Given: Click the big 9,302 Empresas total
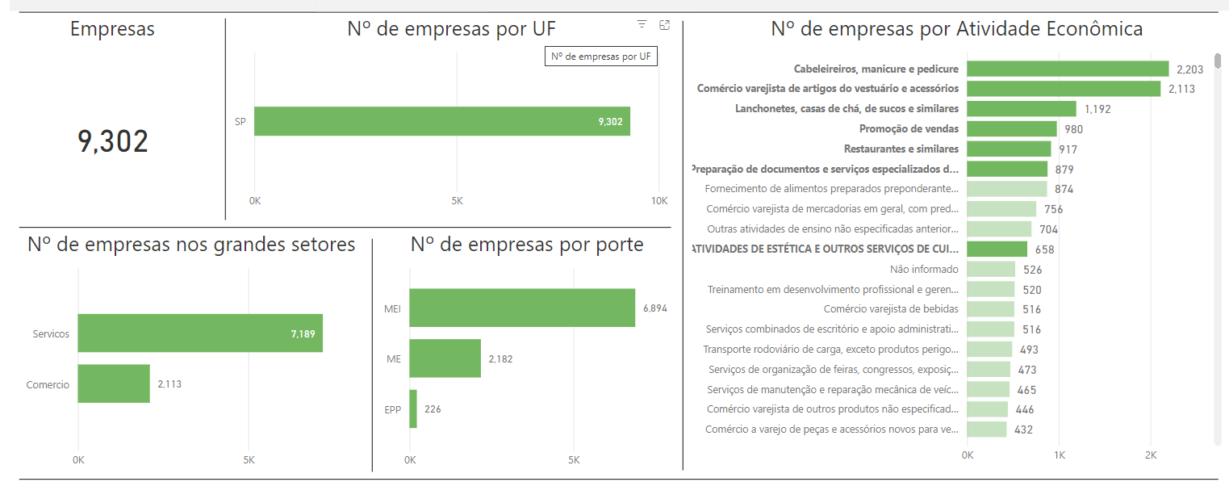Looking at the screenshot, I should [x=113, y=141].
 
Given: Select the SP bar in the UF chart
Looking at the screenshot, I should [x=441, y=121].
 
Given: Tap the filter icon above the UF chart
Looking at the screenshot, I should [x=642, y=25].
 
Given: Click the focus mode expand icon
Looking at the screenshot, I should [x=665, y=25].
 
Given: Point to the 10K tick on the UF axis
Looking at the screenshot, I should [x=659, y=200].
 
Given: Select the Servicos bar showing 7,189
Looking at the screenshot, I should [x=200, y=333].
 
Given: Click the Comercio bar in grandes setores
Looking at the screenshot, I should [x=114, y=384].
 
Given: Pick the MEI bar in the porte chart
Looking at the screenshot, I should [x=521, y=308].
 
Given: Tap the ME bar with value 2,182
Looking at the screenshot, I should [x=445, y=358].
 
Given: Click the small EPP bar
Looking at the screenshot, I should [x=413, y=409].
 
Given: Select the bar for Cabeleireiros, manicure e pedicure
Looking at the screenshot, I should [x=1067, y=69].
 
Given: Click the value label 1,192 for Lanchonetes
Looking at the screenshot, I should [x=1098, y=109].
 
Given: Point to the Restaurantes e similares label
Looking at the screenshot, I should [x=901, y=149].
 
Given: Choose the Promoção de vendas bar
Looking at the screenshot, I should [x=1011, y=129].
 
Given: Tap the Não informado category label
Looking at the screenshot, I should [x=924, y=269].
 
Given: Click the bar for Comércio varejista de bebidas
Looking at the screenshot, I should [x=990, y=308].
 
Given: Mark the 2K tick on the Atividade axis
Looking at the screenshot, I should [x=1151, y=455].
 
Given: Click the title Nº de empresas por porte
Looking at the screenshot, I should [x=527, y=245].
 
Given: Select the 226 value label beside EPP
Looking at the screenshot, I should [x=433, y=409].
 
